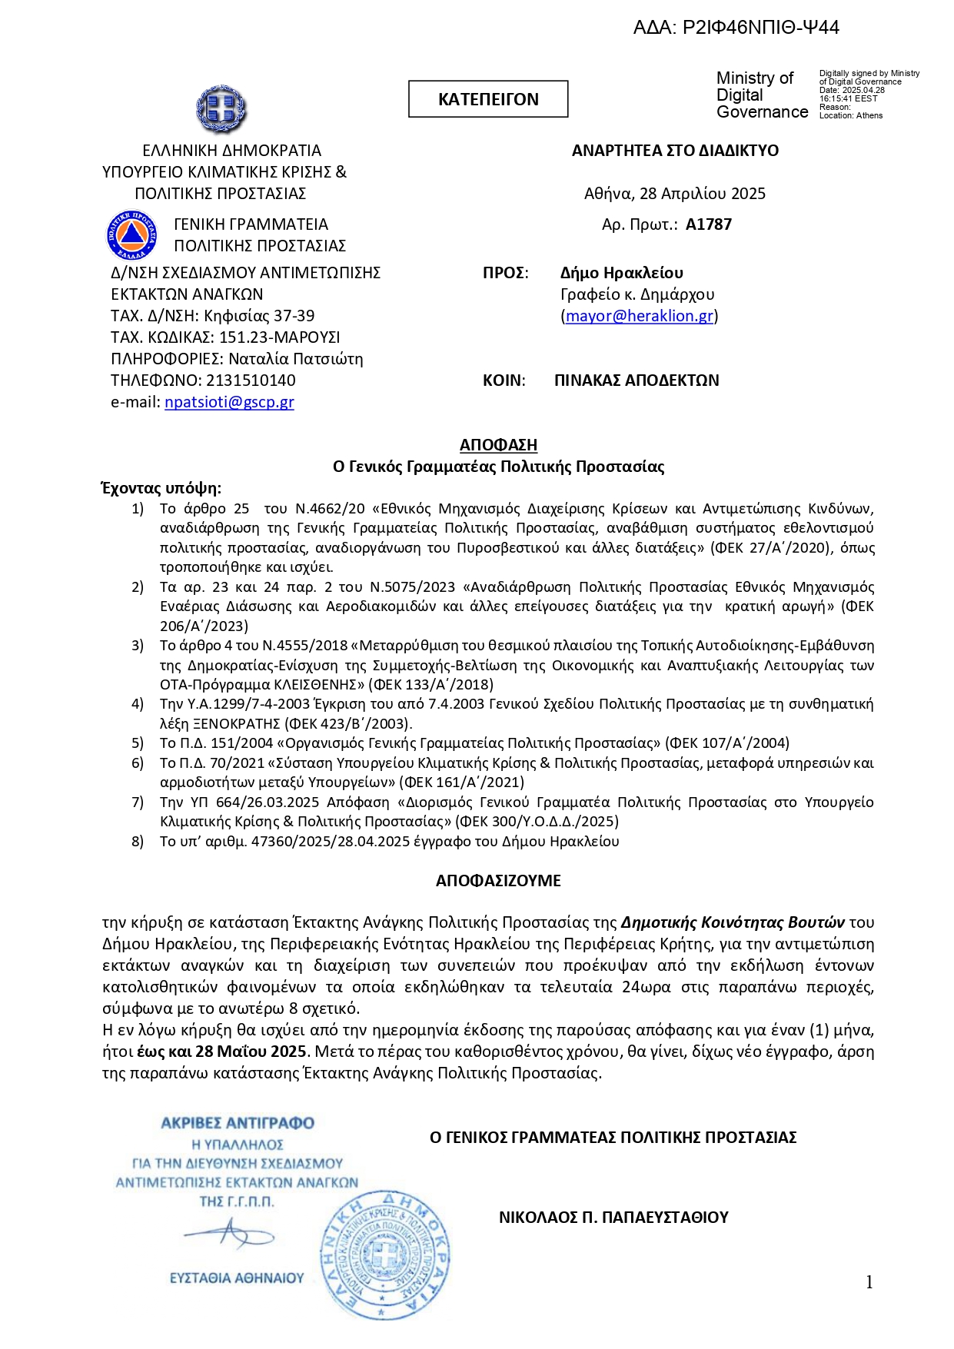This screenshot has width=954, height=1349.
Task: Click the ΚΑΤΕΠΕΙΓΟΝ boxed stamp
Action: point(488,99)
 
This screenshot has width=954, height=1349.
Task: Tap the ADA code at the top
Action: point(736,28)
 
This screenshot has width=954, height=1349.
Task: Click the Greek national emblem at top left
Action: point(221,109)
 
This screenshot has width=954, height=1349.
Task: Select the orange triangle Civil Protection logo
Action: point(132,234)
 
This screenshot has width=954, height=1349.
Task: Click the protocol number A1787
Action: point(709,224)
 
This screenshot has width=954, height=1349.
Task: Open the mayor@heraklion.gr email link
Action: point(640,316)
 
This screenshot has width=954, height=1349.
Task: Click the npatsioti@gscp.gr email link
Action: point(229,402)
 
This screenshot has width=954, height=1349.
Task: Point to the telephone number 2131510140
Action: point(251,380)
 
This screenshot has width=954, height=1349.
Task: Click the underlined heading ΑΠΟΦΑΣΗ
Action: point(498,445)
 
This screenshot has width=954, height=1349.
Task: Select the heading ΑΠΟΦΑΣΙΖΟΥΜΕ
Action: point(498,881)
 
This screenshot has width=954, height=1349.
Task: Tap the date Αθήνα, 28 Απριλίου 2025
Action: point(675,194)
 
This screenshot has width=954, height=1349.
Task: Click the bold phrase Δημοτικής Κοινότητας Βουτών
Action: point(733,922)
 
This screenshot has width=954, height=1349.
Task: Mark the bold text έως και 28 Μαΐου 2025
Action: point(222,1052)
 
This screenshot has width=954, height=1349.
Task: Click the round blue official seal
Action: point(384,1254)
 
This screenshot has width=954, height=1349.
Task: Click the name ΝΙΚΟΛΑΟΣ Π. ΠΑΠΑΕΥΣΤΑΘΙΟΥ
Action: point(613,1218)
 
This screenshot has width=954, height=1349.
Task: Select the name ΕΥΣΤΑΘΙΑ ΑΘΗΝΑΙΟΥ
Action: point(237,1278)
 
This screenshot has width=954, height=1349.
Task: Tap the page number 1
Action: point(869,1282)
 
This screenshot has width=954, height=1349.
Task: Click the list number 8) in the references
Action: point(138,842)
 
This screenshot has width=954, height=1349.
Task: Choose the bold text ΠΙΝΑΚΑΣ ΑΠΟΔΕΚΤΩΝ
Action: point(637,380)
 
